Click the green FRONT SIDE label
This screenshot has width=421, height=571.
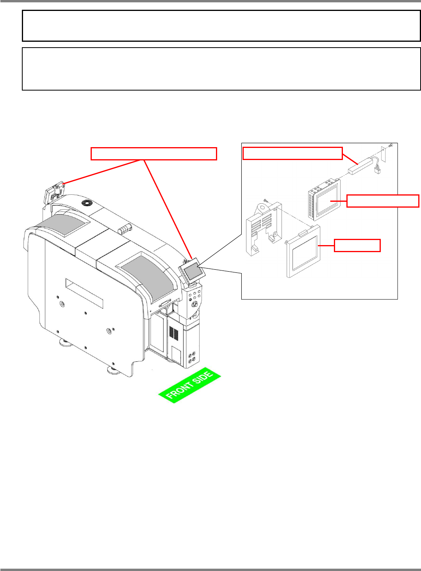190,386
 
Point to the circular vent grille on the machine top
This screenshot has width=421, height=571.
86,203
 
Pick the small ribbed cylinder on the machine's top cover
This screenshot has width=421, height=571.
124,229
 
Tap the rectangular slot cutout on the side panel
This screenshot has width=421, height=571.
84,293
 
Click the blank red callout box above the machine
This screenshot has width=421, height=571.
153,153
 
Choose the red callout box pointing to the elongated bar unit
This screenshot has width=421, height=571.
293,153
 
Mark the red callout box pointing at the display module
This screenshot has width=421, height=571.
383,201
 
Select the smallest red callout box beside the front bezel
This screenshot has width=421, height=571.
357,245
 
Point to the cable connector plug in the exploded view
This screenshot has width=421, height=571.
377,170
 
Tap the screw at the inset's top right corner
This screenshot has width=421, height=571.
391,146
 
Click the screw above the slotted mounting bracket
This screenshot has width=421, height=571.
265,200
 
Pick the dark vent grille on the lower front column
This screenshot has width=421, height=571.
174,333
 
